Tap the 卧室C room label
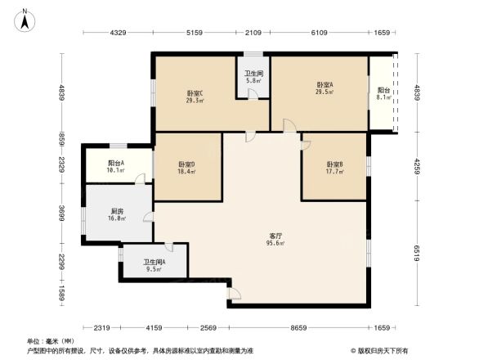pyautogui.click(x=195, y=92)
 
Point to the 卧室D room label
pyautogui.click(x=186, y=164)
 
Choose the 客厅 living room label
pyautogui.click(x=275, y=236)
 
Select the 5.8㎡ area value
pyautogui.click(x=253, y=80)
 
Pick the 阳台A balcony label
pyautogui.click(x=116, y=163)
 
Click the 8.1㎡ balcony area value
pyautogui.click(x=383, y=97)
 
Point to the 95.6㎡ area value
pyautogui.click(x=275, y=243)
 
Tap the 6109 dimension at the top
pyautogui.click(x=318, y=33)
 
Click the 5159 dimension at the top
pyautogui.click(x=194, y=33)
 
